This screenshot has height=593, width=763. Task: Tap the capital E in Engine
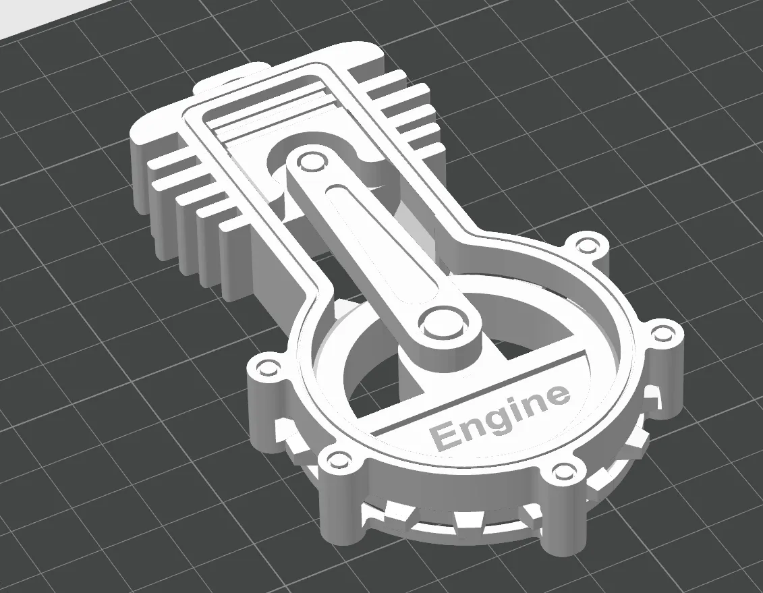[x=443, y=436]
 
